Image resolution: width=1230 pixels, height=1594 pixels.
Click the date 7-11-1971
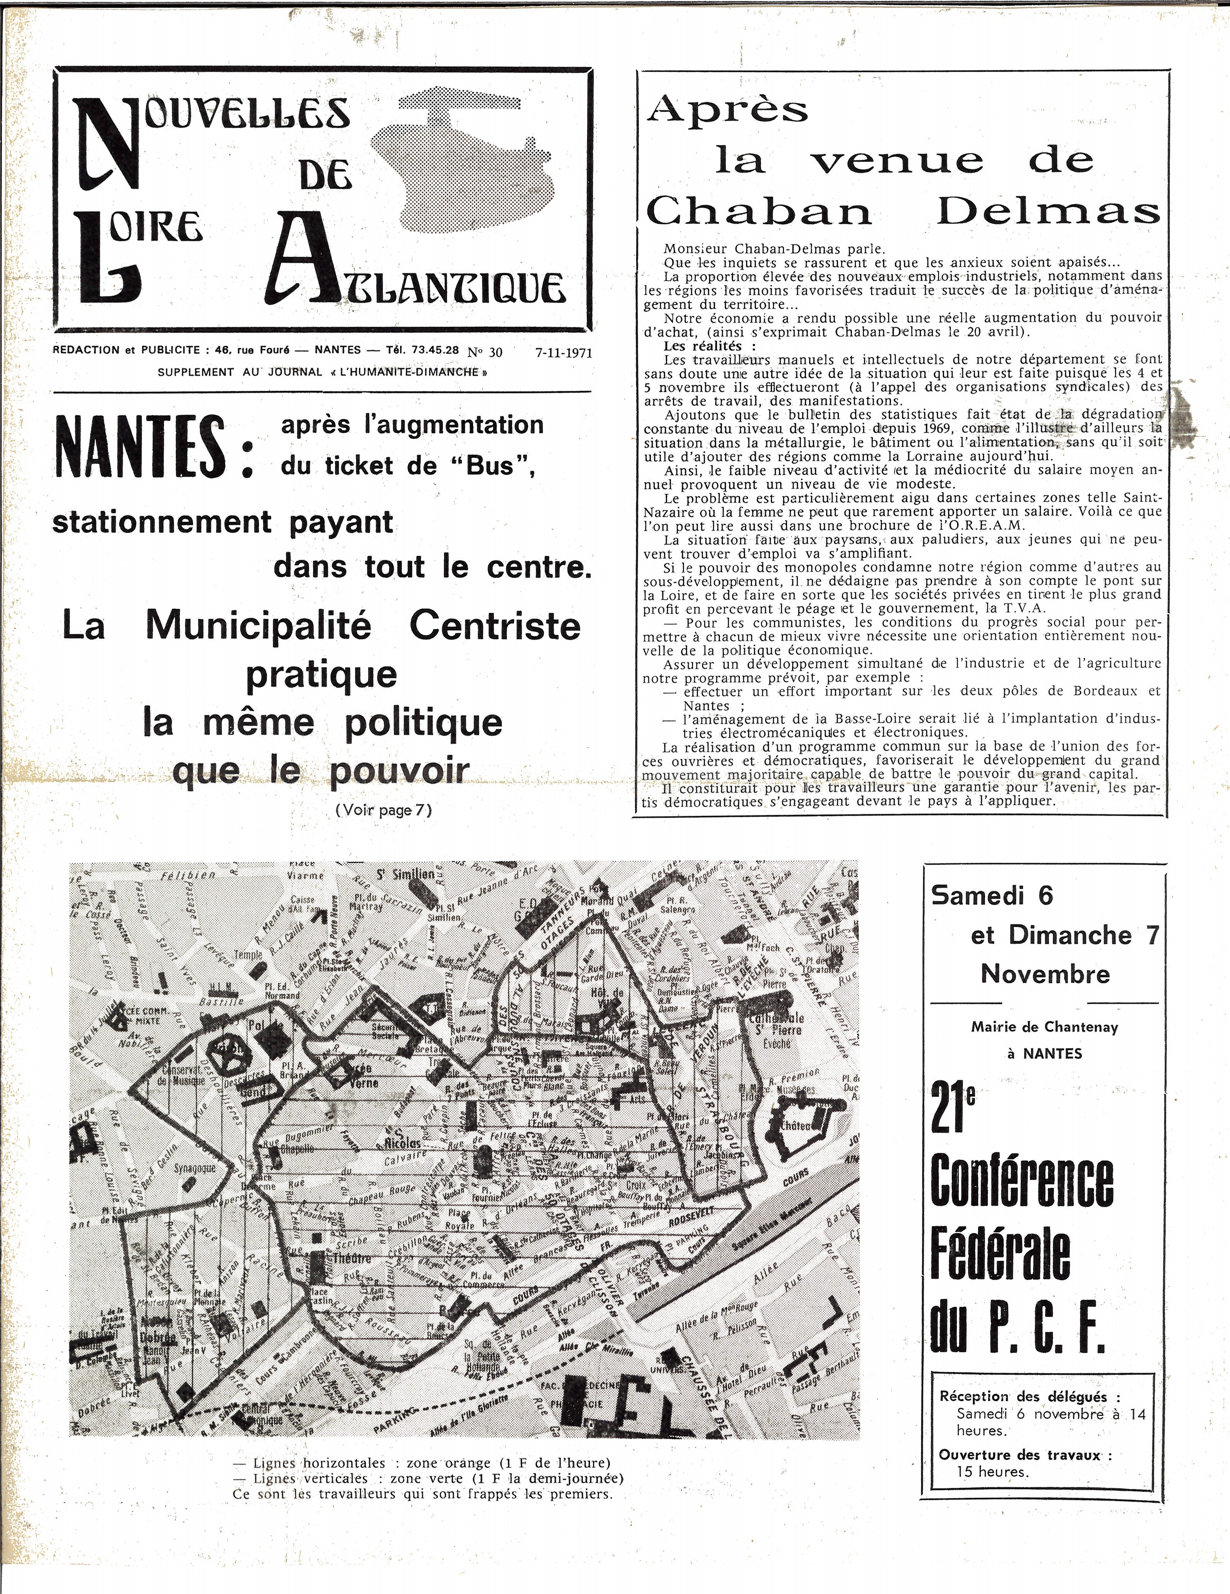coord(563,353)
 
